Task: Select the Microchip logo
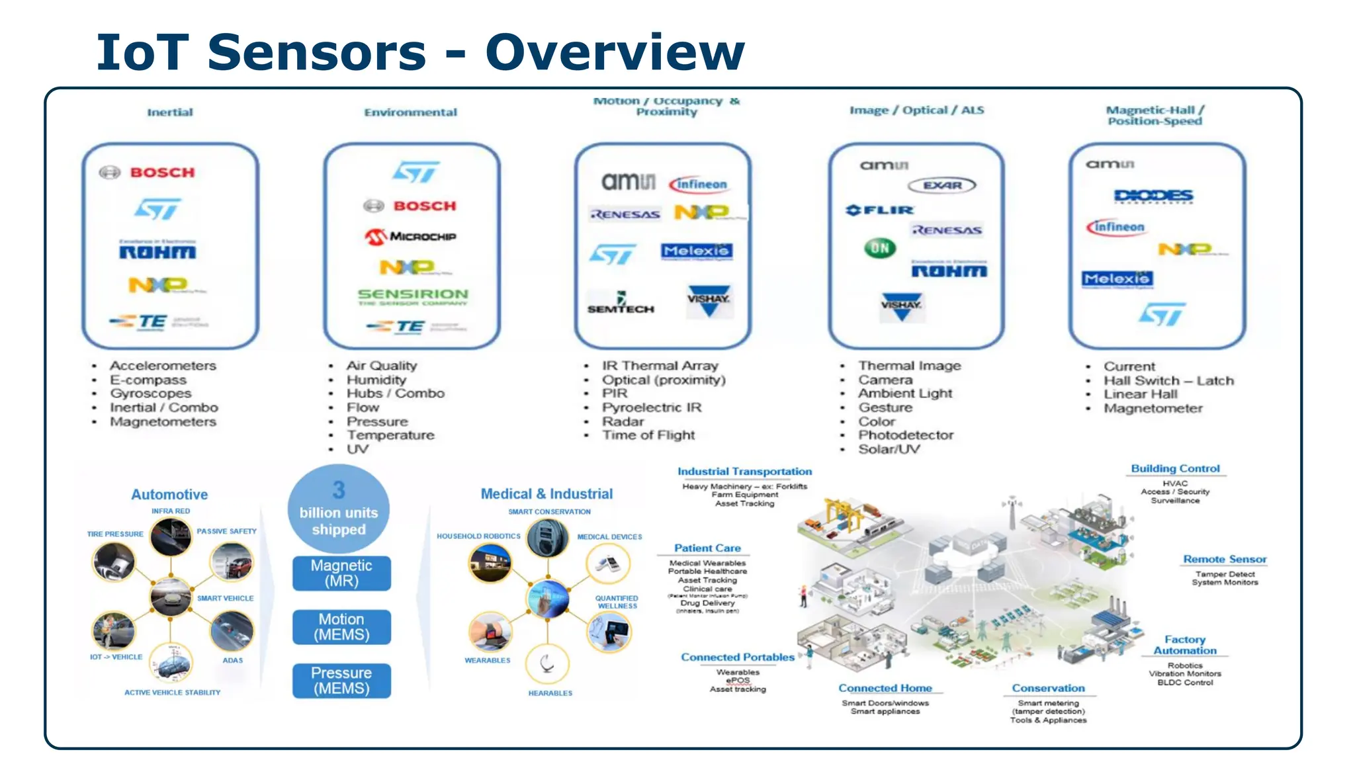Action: pyautogui.click(x=411, y=236)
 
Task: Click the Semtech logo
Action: pyautogui.click(x=621, y=304)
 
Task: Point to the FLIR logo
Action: pyautogui.click(x=879, y=210)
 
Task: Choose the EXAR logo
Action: pyautogui.click(x=942, y=186)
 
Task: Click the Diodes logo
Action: pyautogui.click(x=1153, y=196)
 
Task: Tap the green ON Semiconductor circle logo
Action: pyautogui.click(x=880, y=249)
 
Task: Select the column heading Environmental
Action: pyautogui.click(x=410, y=112)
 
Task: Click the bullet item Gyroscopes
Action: pyautogui.click(x=150, y=394)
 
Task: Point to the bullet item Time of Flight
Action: pyautogui.click(x=648, y=435)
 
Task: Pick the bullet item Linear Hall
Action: pyautogui.click(x=1140, y=394)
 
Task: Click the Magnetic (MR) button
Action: pyautogui.click(x=341, y=573)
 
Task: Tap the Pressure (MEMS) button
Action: pyautogui.click(x=341, y=681)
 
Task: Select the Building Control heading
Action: pyautogui.click(x=1175, y=469)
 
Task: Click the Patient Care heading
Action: pyautogui.click(x=707, y=548)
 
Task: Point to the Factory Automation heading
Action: pyautogui.click(x=1184, y=645)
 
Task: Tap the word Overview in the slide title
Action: pyautogui.click(x=615, y=52)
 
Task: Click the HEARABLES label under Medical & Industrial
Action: pyautogui.click(x=550, y=693)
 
